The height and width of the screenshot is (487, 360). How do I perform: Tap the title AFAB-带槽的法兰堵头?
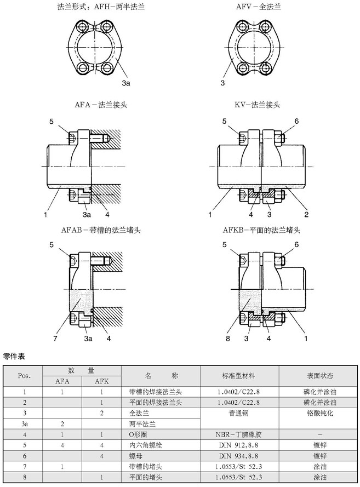[x=101, y=230]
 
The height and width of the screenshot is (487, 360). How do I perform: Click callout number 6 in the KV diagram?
[x=296, y=121]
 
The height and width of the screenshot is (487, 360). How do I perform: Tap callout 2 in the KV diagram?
[x=306, y=212]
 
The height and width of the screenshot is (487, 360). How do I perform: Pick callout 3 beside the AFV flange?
[x=223, y=83]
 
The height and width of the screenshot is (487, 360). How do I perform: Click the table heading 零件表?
[x=15, y=357]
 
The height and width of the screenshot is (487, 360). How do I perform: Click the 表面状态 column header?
[x=317, y=376]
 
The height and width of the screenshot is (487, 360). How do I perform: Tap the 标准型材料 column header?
[x=239, y=376]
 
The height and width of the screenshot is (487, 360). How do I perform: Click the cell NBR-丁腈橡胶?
[x=239, y=433]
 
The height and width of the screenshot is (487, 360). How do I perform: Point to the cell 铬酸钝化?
[x=317, y=412]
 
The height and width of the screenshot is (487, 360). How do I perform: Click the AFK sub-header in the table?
[x=101, y=382]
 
